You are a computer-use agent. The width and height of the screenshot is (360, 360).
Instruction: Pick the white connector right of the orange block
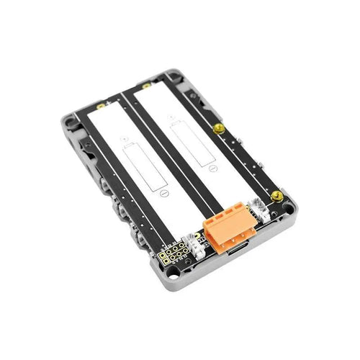pos(258,207)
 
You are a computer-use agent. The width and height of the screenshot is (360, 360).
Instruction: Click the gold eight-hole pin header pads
pos(172,256)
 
